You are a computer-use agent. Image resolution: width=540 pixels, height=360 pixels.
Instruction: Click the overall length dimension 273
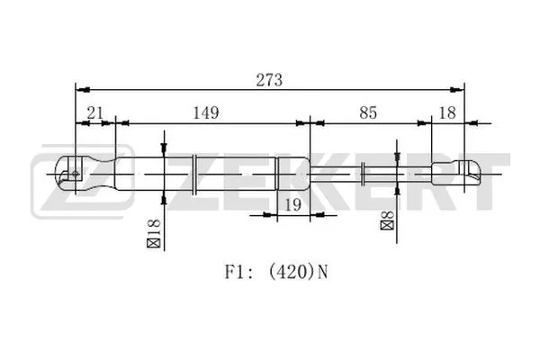click(269, 79)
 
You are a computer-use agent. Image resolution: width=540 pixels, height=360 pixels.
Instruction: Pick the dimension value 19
click(291, 205)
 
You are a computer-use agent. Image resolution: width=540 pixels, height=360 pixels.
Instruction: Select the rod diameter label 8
click(387, 218)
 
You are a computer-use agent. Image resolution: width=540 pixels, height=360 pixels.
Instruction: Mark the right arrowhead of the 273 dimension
click(459, 89)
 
